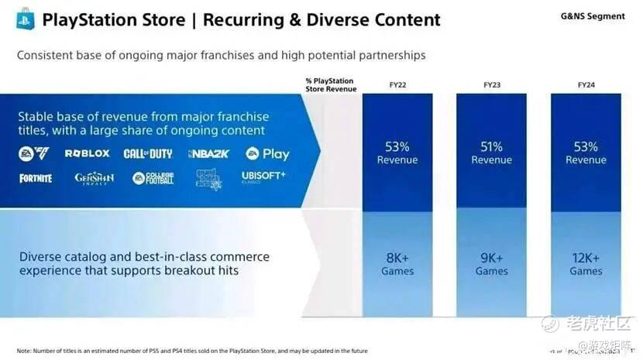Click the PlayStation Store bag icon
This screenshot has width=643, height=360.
(x=25, y=19)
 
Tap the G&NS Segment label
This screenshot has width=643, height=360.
(x=592, y=16)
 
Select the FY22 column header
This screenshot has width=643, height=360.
(x=397, y=84)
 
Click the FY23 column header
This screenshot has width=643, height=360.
(x=492, y=84)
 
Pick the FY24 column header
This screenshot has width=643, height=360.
(x=586, y=84)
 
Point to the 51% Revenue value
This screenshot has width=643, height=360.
(x=492, y=153)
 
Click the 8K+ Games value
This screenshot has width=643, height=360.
(x=397, y=264)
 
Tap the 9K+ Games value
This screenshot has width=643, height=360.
(x=492, y=264)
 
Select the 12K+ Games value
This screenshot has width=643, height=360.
(x=586, y=264)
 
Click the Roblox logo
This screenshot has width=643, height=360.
(x=87, y=154)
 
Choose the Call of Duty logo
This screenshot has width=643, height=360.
(x=147, y=154)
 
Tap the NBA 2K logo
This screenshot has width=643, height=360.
(x=208, y=154)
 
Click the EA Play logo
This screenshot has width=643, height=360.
(x=268, y=154)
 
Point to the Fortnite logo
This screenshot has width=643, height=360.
(x=36, y=178)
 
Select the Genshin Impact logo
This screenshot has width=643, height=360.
(x=95, y=179)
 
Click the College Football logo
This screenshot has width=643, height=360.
(x=153, y=179)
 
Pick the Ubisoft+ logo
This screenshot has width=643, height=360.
(x=263, y=177)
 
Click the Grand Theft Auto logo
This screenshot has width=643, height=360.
(x=208, y=179)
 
